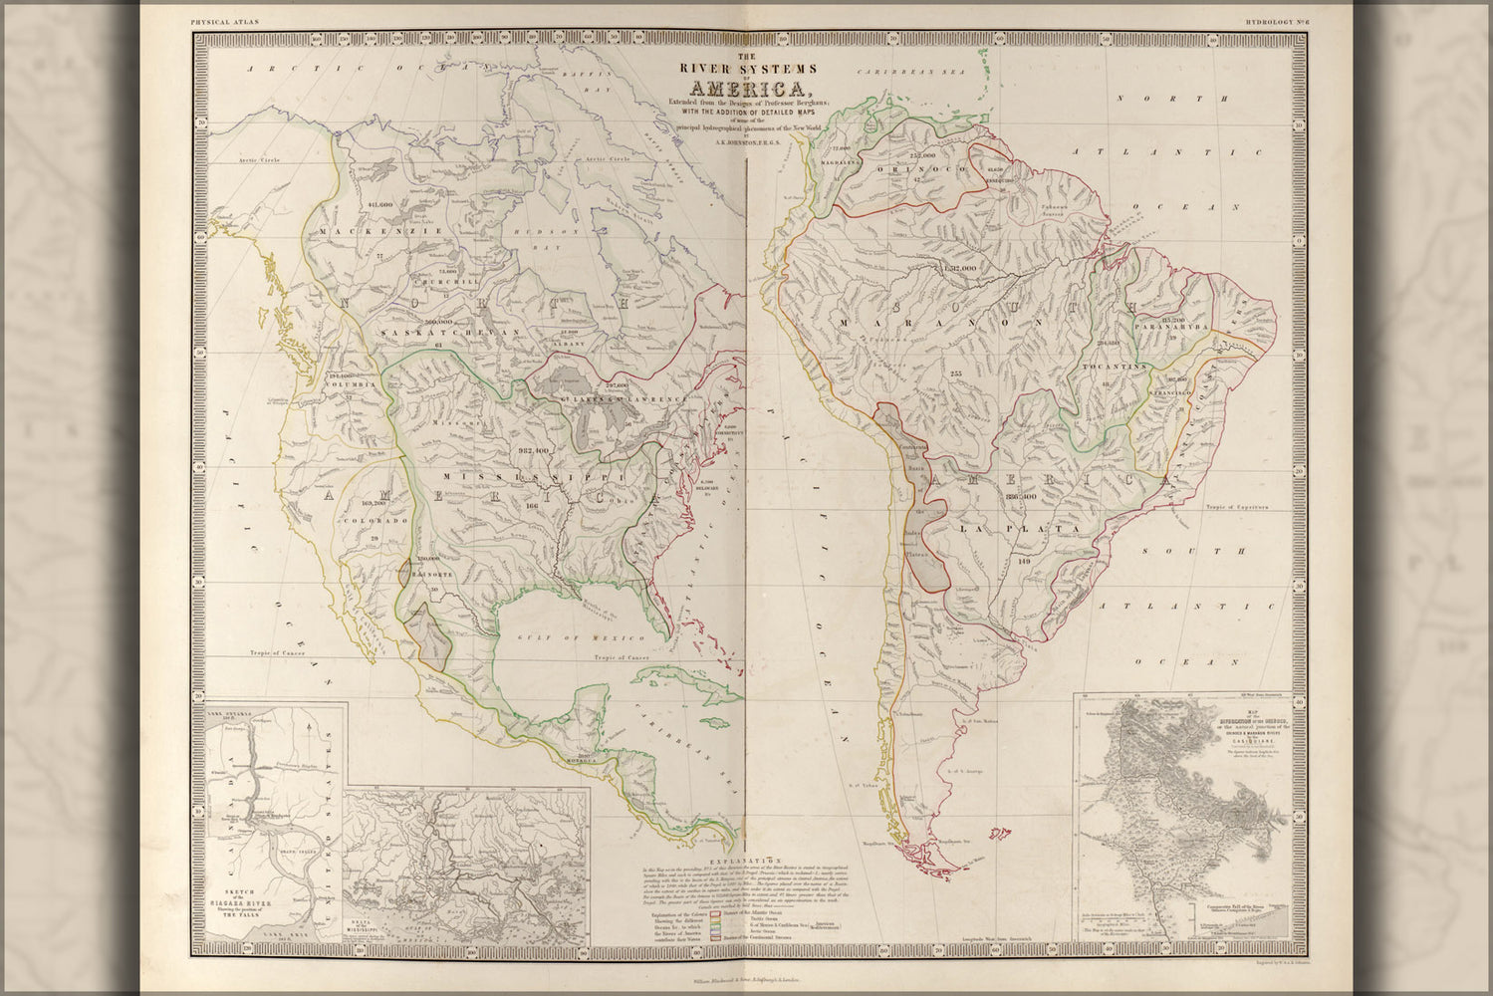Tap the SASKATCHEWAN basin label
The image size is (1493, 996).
[436, 332]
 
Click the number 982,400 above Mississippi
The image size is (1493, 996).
[534, 451]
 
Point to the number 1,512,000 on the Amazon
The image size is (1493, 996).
[955, 269]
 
